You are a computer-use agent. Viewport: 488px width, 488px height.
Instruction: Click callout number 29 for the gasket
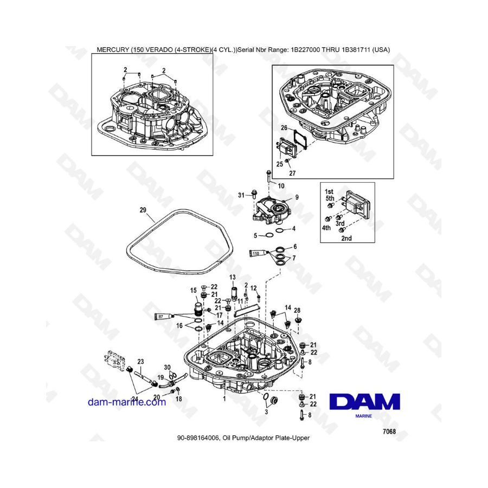[x=143, y=210]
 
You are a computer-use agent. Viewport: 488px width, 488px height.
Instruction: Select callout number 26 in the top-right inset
[x=284, y=127]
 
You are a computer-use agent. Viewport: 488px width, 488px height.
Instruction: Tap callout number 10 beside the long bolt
[x=281, y=186]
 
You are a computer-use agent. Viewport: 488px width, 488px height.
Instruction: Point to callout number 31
[x=241, y=195]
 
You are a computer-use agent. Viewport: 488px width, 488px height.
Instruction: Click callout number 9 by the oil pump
[x=297, y=197]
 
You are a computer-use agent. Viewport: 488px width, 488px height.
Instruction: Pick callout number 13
[x=233, y=277]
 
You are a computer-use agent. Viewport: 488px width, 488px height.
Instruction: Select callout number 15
[x=193, y=291]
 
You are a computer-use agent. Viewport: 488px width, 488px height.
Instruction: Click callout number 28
[x=297, y=310]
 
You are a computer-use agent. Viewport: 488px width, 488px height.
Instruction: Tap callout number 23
[x=140, y=361]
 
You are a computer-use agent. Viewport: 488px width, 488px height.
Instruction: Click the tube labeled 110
[x=258, y=253]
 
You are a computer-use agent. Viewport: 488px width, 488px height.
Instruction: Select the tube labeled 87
[x=164, y=317]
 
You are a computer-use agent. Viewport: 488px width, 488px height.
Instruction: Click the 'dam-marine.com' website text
[x=127, y=402]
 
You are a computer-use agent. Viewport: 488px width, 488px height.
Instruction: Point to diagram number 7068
[x=389, y=432]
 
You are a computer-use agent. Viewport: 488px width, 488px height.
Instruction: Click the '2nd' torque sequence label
[x=346, y=238]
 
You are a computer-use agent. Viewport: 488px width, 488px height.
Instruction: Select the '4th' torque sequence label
[x=326, y=228]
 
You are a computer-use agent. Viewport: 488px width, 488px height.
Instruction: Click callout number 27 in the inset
[x=292, y=173]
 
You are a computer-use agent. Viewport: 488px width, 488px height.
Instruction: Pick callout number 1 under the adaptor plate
[x=224, y=399]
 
